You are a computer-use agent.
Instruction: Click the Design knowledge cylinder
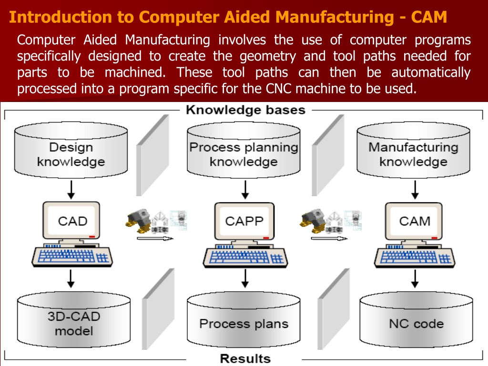click(71, 150)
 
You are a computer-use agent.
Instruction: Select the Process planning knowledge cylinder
click(244, 150)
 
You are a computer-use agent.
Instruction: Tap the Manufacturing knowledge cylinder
click(413, 150)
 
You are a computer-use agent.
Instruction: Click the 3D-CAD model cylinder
click(74, 320)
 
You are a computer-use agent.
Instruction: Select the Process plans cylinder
click(244, 320)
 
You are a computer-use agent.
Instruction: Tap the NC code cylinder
click(416, 320)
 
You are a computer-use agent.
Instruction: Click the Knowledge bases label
click(245, 110)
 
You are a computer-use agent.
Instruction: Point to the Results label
click(245, 358)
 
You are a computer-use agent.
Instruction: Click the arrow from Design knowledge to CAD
click(71, 190)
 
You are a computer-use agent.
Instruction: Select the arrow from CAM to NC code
click(415, 278)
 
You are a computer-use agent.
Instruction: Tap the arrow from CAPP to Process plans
click(245, 278)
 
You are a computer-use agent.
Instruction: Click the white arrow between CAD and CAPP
click(155, 238)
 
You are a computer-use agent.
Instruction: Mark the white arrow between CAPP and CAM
click(329, 238)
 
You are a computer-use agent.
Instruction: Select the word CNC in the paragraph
click(278, 89)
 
